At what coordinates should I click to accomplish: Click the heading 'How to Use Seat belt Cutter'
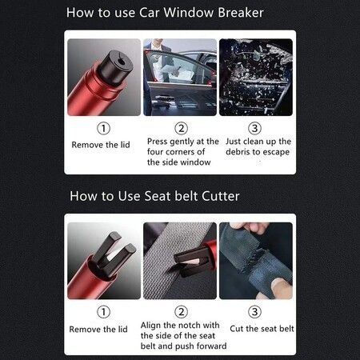point(154,195)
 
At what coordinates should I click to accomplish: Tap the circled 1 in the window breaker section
point(103,128)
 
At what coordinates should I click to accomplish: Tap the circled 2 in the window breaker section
point(181,128)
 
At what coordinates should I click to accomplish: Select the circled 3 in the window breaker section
point(255,128)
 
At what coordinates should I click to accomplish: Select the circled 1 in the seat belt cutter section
point(103,312)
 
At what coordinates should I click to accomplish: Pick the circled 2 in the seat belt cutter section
point(181,312)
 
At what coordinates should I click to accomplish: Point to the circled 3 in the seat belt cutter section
point(255,312)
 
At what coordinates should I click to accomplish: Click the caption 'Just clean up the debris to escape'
point(255,146)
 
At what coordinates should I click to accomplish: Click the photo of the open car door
point(180,77)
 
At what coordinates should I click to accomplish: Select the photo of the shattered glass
point(255,77)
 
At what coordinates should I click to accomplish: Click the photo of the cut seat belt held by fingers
point(255,259)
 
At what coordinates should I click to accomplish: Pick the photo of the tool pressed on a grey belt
point(180,259)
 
